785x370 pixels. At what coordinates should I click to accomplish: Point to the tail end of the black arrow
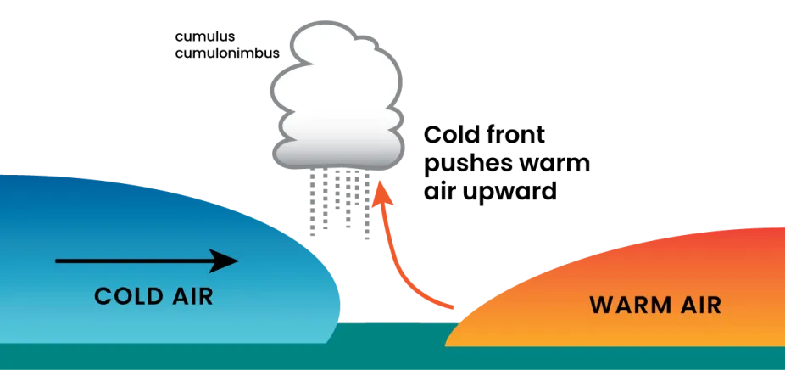tap(57, 261)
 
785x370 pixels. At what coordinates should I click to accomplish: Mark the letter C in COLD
tap(103, 296)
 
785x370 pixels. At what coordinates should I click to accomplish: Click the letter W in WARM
tap(600, 305)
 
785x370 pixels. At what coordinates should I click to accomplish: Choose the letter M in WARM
tap(654, 305)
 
